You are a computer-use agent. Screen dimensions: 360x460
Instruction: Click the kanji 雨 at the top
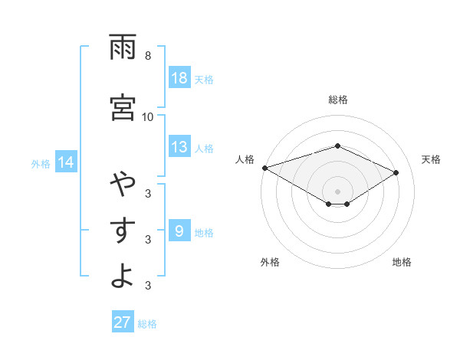pyautogui.click(x=123, y=48)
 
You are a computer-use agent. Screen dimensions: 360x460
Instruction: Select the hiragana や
pyautogui.click(x=123, y=185)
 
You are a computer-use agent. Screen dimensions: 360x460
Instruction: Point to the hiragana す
pyautogui.click(x=123, y=231)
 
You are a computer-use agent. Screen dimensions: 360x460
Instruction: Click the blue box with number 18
pyautogui.click(x=179, y=78)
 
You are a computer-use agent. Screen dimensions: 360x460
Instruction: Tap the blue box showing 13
pyautogui.click(x=179, y=147)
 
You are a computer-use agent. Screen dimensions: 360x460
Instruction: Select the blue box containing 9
pyautogui.click(x=179, y=231)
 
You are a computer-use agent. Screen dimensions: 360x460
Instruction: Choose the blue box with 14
pyautogui.click(x=66, y=162)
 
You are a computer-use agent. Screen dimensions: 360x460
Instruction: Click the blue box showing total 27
pyautogui.click(x=123, y=322)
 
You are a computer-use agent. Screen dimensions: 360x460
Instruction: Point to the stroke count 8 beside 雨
pyautogui.click(x=148, y=56)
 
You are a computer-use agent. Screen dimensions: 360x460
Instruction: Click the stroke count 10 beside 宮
pyautogui.click(x=147, y=116)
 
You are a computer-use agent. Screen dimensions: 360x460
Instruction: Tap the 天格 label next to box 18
pyautogui.click(x=204, y=79)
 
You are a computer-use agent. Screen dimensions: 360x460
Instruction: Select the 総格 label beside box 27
pyautogui.click(x=147, y=323)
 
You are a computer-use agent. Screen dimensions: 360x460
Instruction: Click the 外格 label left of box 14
pyautogui.click(x=41, y=163)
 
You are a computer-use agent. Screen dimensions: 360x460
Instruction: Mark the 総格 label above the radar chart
pyautogui.click(x=338, y=100)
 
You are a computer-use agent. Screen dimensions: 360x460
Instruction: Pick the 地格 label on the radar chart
pyautogui.click(x=402, y=262)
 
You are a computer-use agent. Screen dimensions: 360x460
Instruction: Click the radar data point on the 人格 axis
pyautogui.click(x=264, y=168)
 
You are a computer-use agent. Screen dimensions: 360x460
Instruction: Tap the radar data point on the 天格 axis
pyautogui.click(x=396, y=173)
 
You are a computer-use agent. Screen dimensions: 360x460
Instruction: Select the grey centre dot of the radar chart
pyautogui.click(x=338, y=191)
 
